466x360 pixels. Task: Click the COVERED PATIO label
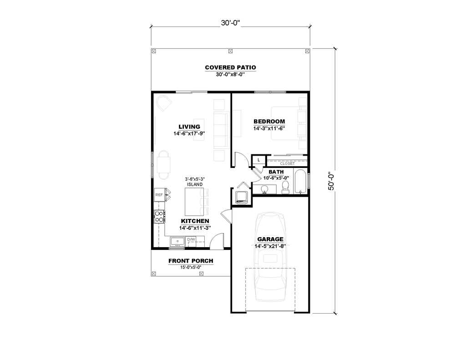pyautogui.click(x=230, y=68)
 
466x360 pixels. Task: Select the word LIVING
pyautogui.click(x=189, y=127)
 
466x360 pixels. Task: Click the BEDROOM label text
pyautogui.click(x=269, y=122)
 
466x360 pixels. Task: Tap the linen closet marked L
pyautogui.click(x=258, y=160)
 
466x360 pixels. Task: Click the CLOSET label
pyautogui.click(x=287, y=163)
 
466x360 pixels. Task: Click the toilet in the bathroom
pyautogui.click(x=285, y=187)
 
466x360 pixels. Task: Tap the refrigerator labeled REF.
pyautogui.click(x=160, y=195)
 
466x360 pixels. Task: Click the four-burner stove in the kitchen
pyautogui.click(x=160, y=217)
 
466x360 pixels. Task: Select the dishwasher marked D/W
pyautogui.click(x=191, y=239)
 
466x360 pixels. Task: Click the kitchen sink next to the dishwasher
pyautogui.click(x=177, y=240)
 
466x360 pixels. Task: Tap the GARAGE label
pyautogui.click(x=270, y=239)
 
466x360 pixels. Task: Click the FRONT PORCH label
pyautogui.click(x=191, y=261)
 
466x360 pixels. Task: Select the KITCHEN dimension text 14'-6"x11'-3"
pyautogui.click(x=194, y=228)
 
